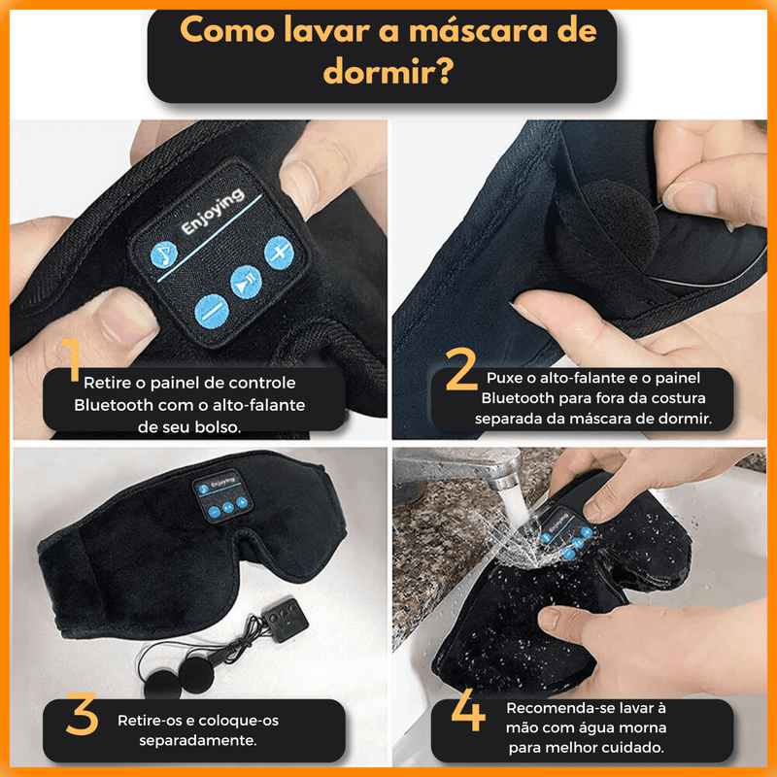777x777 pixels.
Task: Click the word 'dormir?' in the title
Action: tap(388, 71)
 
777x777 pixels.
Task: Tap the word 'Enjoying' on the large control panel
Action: tap(213, 211)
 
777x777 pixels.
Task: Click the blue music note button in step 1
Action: tap(163, 254)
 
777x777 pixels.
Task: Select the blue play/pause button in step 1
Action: tap(246, 283)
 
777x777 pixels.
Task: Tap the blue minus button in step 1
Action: tap(212, 312)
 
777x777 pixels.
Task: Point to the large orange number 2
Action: tap(460, 368)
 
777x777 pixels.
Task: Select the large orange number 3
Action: tap(83, 714)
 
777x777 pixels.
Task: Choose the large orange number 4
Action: tap(468, 710)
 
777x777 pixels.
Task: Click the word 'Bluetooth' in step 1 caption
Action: tap(113, 405)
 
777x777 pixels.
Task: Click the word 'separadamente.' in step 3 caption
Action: tap(198, 740)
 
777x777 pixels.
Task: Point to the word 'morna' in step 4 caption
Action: tap(642, 727)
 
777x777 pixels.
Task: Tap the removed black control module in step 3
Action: tap(285, 620)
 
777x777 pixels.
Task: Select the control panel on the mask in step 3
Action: tap(222, 494)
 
